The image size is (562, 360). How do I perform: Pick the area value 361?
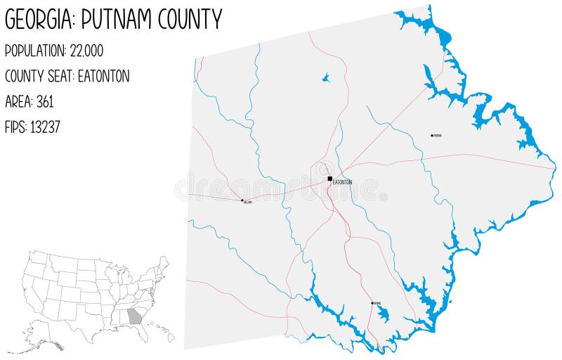pyautogui.click(x=44, y=101)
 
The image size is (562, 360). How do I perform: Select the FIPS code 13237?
pyautogui.click(x=47, y=127)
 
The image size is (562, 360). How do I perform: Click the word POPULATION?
pyautogui.click(x=35, y=51)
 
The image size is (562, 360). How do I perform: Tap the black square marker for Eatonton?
pyautogui.click(x=329, y=179)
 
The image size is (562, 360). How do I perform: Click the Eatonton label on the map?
pyautogui.click(x=342, y=183)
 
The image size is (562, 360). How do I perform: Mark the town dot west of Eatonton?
pyautogui.click(x=242, y=200)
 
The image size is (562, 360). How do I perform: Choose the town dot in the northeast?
pyautogui.click(x=432, y=136)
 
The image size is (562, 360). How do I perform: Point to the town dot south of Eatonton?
pyautogui.click(x=372, y=303)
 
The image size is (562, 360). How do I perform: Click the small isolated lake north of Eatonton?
pyautogui.click(x=326, y=78)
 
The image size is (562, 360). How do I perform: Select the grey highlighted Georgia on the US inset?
pyautogui.click(x=134, y=316)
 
